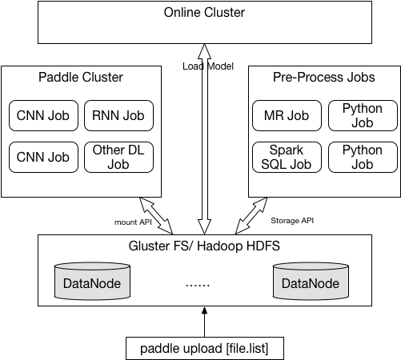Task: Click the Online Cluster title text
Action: [204, 12]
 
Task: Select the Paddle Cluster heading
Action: [81, 77]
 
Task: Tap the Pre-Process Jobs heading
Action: [324, 77]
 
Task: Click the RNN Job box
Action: [118, 115]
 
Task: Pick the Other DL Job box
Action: [118, 157]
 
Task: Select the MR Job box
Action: [287, 115]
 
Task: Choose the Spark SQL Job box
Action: [287, 157]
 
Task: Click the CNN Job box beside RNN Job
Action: [43, 115]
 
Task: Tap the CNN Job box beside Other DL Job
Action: [43, 157]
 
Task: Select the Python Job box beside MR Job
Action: [363, 115]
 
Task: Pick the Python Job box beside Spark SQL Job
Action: [363, 157]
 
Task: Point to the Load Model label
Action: [208, 66]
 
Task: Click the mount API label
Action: [133, 222]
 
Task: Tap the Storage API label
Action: [292, 221]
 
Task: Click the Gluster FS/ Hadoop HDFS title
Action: [204, 246]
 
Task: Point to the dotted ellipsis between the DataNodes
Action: [198, 286]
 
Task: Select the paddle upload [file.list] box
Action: [205, 348]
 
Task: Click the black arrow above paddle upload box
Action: [205, 322]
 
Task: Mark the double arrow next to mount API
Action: [156, 216]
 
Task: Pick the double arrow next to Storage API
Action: [251, 216]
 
